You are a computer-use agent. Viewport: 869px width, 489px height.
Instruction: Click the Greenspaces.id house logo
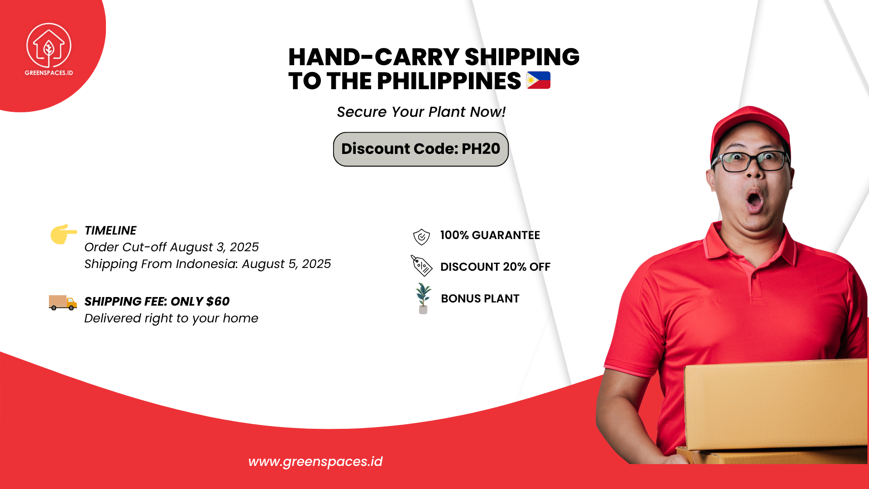49,46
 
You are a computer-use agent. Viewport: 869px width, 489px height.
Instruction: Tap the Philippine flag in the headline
538,80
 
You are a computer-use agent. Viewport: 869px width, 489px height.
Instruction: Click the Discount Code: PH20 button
421,149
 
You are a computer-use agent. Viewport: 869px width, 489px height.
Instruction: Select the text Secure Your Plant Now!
421,112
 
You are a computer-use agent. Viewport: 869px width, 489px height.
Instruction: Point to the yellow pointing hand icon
63,234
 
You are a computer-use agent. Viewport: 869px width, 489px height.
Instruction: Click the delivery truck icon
62,302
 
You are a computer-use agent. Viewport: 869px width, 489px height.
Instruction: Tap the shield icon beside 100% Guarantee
421,236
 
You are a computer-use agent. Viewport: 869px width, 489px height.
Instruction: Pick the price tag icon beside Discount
421,266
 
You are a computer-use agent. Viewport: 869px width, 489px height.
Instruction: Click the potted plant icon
423,298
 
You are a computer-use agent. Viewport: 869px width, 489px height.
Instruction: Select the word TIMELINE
110,230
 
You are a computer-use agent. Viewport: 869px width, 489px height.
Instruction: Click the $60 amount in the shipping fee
218,302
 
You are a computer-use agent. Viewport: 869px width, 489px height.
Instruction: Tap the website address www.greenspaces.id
315,461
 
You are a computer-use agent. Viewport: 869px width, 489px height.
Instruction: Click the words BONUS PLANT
480,299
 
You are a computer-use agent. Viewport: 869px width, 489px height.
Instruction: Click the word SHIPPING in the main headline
522,57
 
